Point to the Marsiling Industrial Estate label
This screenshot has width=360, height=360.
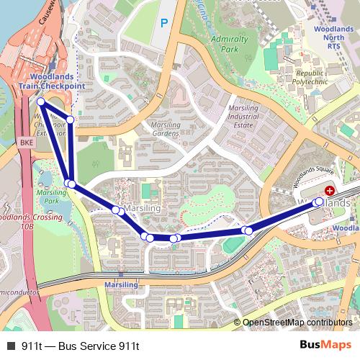click(243, 117)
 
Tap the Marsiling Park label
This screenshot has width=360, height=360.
click(51, 197)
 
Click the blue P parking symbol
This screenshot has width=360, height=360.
click(164, 23)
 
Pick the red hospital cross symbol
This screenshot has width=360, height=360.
click(330, 191)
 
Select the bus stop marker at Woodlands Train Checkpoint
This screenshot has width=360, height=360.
click(41, 103)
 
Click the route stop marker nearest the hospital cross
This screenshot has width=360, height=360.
click(320, 202)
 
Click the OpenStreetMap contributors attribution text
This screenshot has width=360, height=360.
click(297, 323)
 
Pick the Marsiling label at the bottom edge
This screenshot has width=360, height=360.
click(121, 285)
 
